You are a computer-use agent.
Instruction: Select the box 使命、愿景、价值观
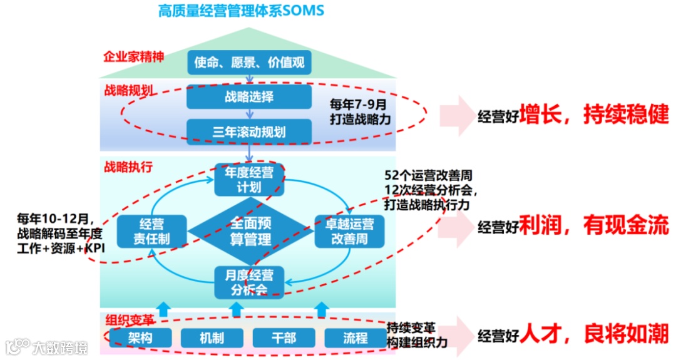249,62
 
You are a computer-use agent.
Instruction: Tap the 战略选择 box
249,97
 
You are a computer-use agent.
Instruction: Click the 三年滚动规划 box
249,131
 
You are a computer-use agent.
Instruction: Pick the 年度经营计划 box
249,180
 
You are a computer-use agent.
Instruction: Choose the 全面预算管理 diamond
250,230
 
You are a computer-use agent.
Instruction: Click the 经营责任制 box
152,230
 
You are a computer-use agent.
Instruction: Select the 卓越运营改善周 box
348,230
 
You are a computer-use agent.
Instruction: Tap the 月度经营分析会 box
249,282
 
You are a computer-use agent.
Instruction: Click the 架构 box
140,338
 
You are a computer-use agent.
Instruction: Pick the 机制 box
212,338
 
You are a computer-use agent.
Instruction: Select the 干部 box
284,338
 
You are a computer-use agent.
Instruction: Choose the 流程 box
355,338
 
